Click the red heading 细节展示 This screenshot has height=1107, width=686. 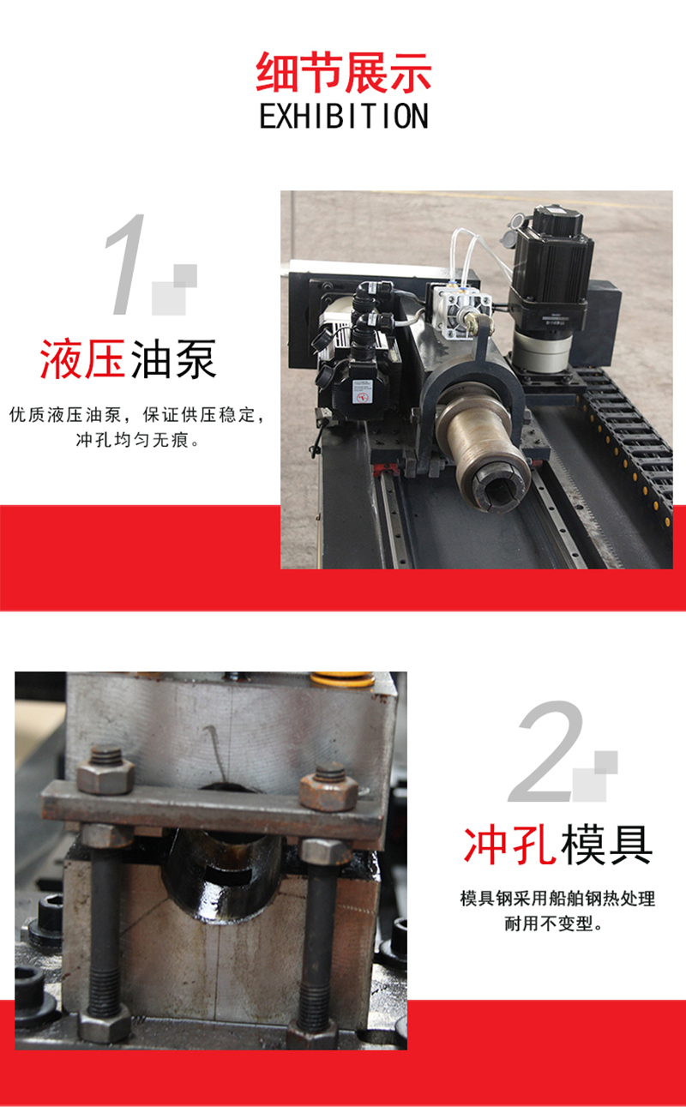click(344, 73)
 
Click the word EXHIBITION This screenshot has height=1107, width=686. click(344, 117)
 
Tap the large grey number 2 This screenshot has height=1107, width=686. click(546, 750)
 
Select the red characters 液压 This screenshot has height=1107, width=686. click(82, 359)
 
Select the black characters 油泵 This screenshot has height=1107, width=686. click(173, 359)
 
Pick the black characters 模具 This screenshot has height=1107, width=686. click(607, 845)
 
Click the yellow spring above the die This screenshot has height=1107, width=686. click(342, 679)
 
